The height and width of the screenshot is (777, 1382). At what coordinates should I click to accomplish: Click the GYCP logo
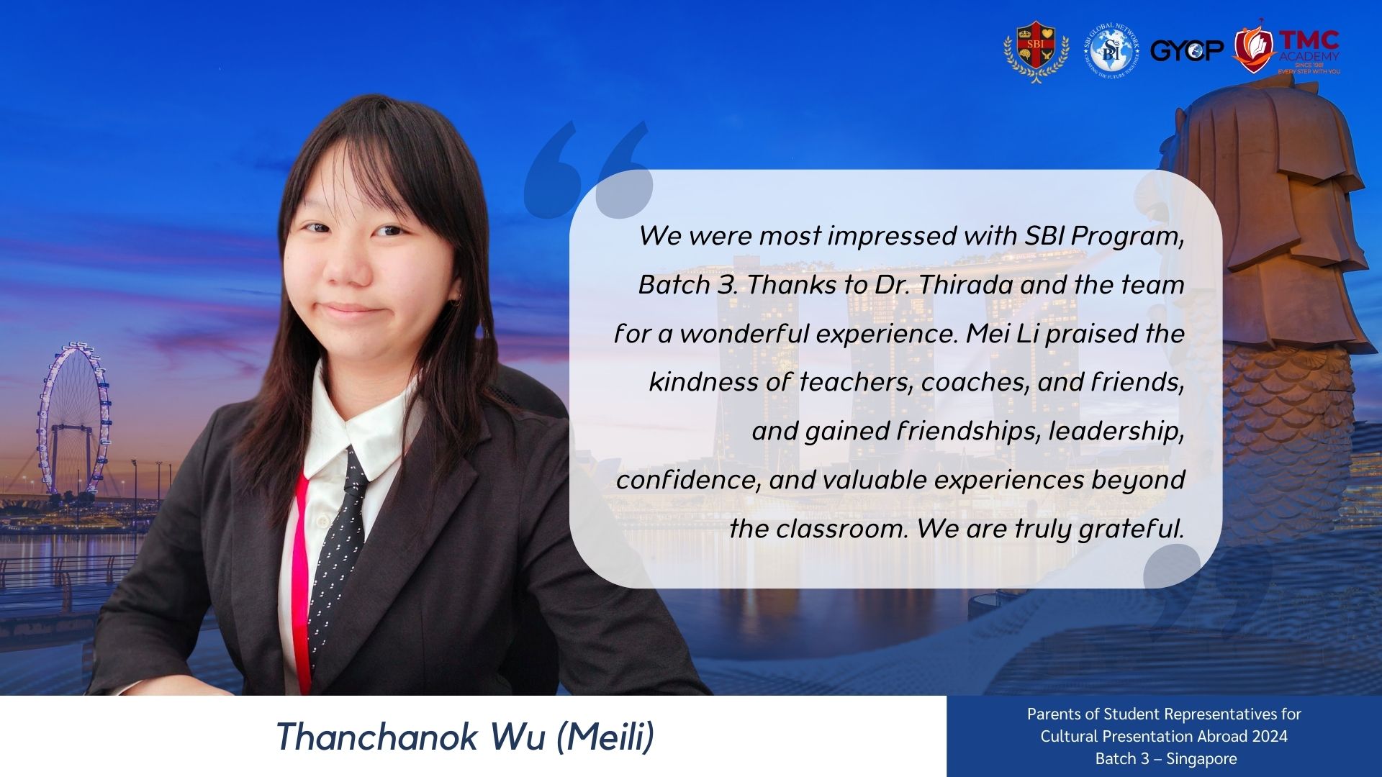point(1187,50)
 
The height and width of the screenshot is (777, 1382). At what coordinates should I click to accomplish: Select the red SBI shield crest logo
point(1036,50)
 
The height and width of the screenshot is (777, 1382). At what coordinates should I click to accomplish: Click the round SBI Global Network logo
point(1111,50)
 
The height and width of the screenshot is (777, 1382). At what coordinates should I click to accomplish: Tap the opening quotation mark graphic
point(588,170)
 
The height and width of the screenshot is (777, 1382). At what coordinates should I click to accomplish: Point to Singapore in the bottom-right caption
point(1201,759)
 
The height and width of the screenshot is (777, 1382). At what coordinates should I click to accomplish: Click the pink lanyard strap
point(301,583)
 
